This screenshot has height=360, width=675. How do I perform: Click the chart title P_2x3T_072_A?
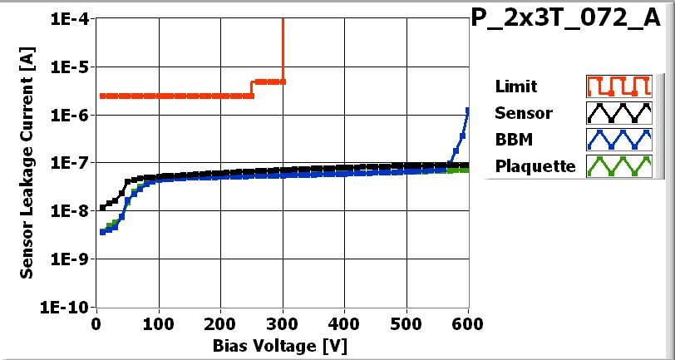(571, 20)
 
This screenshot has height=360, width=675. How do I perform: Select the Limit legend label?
(515, 86)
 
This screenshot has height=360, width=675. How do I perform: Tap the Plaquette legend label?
(535, 166)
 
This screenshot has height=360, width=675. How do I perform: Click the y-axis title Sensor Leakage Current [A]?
(27, 163)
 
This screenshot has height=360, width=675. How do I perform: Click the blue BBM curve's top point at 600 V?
(468, 111)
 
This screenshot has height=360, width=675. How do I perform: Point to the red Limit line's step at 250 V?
(253, 89)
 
